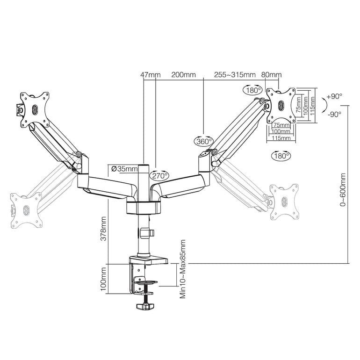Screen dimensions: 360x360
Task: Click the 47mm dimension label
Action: [x=151, y=75]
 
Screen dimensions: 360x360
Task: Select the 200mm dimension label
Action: [x=184, y=75]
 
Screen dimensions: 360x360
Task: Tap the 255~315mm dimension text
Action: [x=235, y=75]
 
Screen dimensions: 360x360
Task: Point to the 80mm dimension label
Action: [x=272, y=75]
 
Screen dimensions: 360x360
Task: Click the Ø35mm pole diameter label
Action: [x=125, y=169]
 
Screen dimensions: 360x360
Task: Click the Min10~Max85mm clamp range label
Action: [x=182, y=269]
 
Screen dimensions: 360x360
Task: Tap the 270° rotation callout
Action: [x=159, y=176]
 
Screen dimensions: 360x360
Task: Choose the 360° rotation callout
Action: [x=204, y=141]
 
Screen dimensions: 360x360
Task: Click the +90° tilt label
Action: [x=335, y=96]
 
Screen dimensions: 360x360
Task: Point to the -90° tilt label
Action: [x=335, y=114]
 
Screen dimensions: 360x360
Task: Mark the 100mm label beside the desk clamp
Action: [x=103, y=280]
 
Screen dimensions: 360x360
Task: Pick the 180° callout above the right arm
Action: [x=252, y=89]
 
